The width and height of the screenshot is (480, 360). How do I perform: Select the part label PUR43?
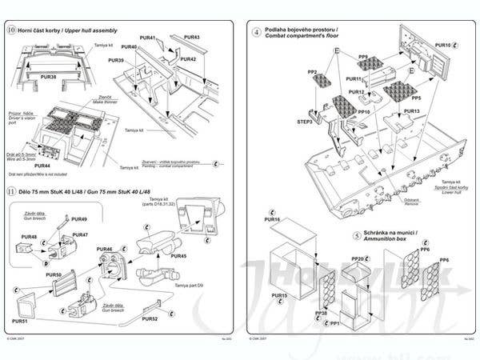(x=192, y=38)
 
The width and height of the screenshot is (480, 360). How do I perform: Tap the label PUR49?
(x=79, y=219)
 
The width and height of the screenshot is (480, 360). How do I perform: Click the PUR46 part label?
(x=105, y=250)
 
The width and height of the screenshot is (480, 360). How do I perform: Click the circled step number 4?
(x=256, y=32)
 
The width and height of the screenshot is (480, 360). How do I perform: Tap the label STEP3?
(x=305, y=122)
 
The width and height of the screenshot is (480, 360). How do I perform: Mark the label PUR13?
(x=412, y=111)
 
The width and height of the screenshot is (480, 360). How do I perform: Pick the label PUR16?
(x=272, y=219)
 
